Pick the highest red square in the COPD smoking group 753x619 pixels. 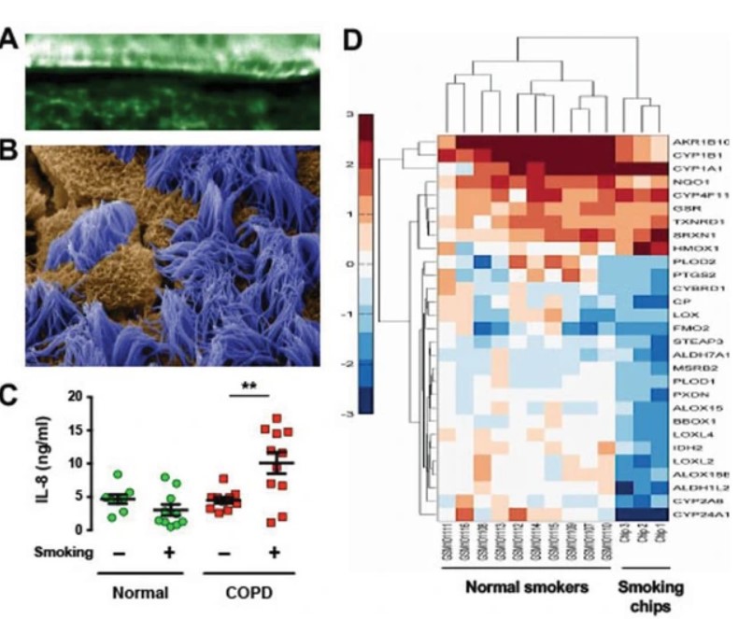pos(274,418)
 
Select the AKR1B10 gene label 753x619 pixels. pos(706,139)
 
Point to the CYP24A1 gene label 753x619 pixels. pos(706,513)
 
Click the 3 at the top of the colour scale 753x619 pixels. pos(348,115)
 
